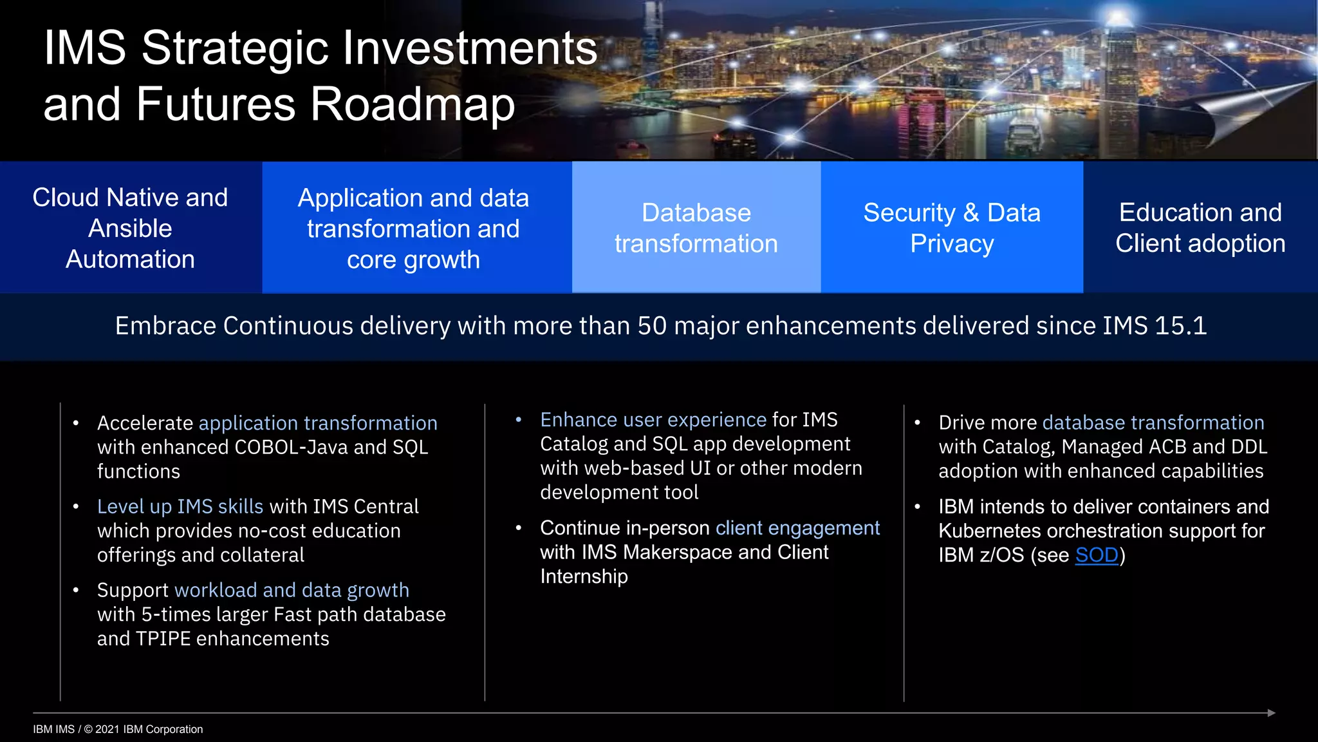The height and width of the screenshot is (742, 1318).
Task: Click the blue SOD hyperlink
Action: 1097,555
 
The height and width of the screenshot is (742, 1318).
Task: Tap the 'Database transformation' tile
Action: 696,228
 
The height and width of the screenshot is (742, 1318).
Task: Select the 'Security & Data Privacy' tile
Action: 952,228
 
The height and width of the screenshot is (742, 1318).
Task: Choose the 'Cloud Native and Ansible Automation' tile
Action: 131,228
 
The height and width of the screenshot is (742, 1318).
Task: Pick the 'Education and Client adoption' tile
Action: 1200,228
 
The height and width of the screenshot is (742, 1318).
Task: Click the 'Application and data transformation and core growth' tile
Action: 413,228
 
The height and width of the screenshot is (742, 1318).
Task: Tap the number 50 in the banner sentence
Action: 652,326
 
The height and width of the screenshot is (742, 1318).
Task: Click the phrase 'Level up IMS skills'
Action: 180,507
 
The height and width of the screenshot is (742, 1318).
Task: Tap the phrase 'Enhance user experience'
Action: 653,420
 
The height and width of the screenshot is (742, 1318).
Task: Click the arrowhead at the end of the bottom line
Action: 1271,713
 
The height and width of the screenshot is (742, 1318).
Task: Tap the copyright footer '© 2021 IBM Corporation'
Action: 144,729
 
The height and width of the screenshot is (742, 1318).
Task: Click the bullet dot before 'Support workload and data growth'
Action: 76,590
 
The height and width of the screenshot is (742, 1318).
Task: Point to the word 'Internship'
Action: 584,576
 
